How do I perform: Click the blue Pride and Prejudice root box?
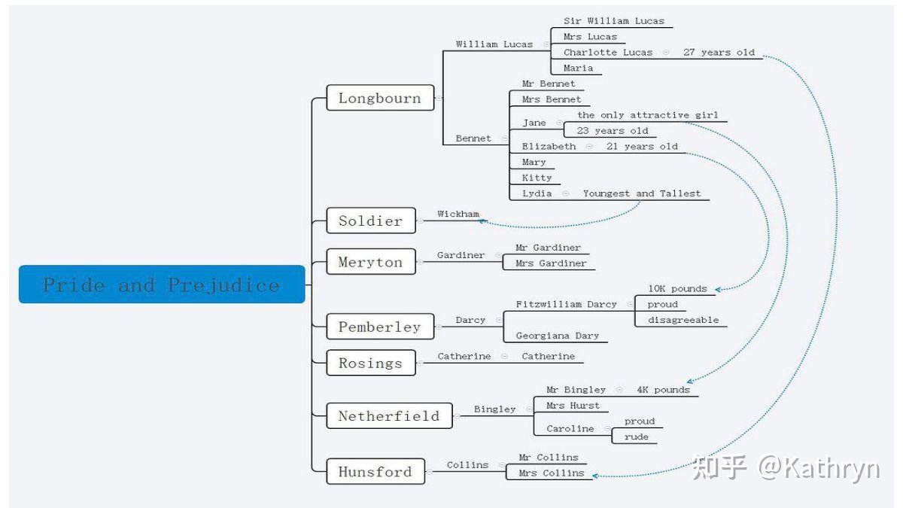tap(162, 284)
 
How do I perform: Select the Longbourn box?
tap(380, 98)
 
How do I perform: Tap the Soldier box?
tap(371, 221)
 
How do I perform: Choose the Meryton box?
tap(371, 262)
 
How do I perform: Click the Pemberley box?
tap(380, 326)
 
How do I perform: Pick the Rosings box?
tap(371, 363)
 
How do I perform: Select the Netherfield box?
tap(389, 415)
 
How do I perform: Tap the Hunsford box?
tap(375, 471)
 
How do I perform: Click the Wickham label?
tap(458, 214)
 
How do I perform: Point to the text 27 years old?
tap(719, 53)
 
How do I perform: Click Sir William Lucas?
tap(613, 21)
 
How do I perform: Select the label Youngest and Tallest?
tap(642, 193)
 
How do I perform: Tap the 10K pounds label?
tap(677, 289)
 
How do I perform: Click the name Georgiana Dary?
tap(557, 336)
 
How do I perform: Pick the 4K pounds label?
tap(663, 390)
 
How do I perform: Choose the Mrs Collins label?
tap(551, 473)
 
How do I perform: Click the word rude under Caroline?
tap(636, 437)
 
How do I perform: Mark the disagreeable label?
tap(683, 320)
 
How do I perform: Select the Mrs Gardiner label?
tap(551, 263)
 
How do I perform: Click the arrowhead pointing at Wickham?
tap(482, 221)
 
